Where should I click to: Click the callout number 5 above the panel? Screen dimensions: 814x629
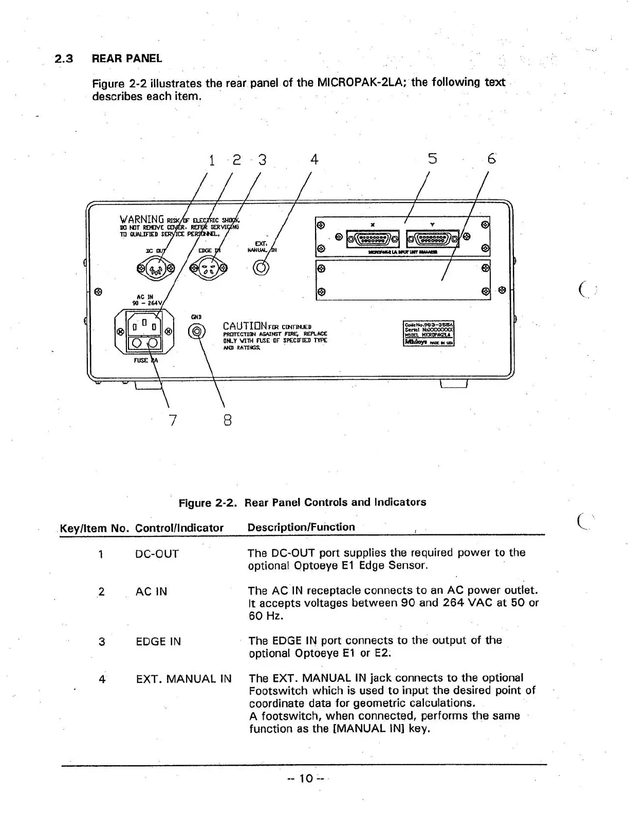433,159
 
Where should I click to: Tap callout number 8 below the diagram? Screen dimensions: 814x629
228,420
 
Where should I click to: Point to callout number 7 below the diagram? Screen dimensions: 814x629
173,420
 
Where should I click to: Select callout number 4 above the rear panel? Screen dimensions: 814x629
314,159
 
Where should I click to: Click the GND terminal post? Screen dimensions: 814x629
196,332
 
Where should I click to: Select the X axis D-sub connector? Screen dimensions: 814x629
373,238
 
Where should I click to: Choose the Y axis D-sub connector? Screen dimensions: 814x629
432,238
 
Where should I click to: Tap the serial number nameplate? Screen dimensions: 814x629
429,334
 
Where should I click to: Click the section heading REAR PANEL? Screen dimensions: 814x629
126,59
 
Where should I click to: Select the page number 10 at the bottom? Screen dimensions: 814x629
306,779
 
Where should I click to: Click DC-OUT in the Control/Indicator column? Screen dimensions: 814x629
157,554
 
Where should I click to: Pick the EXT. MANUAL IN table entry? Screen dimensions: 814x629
183,679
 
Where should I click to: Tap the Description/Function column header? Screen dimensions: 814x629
301,527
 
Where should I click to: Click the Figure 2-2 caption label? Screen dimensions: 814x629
207,503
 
